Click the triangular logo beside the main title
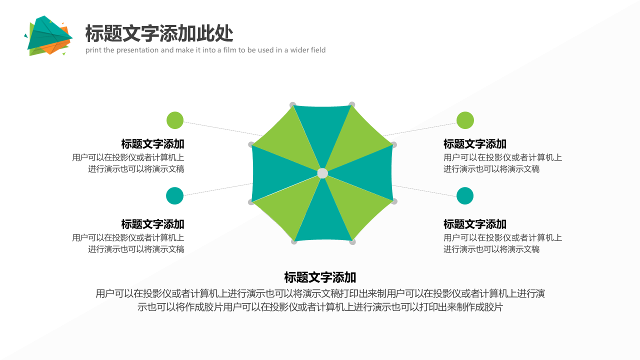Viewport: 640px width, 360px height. pos(48,35)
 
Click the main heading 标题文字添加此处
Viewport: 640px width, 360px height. pos(159,33)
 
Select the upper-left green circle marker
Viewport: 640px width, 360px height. pos(175,120)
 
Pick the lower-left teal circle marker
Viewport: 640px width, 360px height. pos(174,195)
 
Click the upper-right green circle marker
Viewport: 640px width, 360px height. pos(465,120)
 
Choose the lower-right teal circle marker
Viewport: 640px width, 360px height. pos(465,195)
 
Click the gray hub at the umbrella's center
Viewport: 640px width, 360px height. pos(322,173)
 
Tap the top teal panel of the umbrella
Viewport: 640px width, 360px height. pos(322,131)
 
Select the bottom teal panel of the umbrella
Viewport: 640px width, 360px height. pos(323,217)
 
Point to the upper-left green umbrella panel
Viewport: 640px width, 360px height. pos(288,140)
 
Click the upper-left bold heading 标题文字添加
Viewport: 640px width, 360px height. pos(152,144)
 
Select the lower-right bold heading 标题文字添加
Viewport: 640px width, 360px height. pos(475,224)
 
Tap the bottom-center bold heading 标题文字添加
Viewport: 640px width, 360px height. pos(320,277)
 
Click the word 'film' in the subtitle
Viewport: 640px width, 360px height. pos(229,50)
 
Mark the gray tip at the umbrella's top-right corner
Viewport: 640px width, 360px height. pos(352,104)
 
